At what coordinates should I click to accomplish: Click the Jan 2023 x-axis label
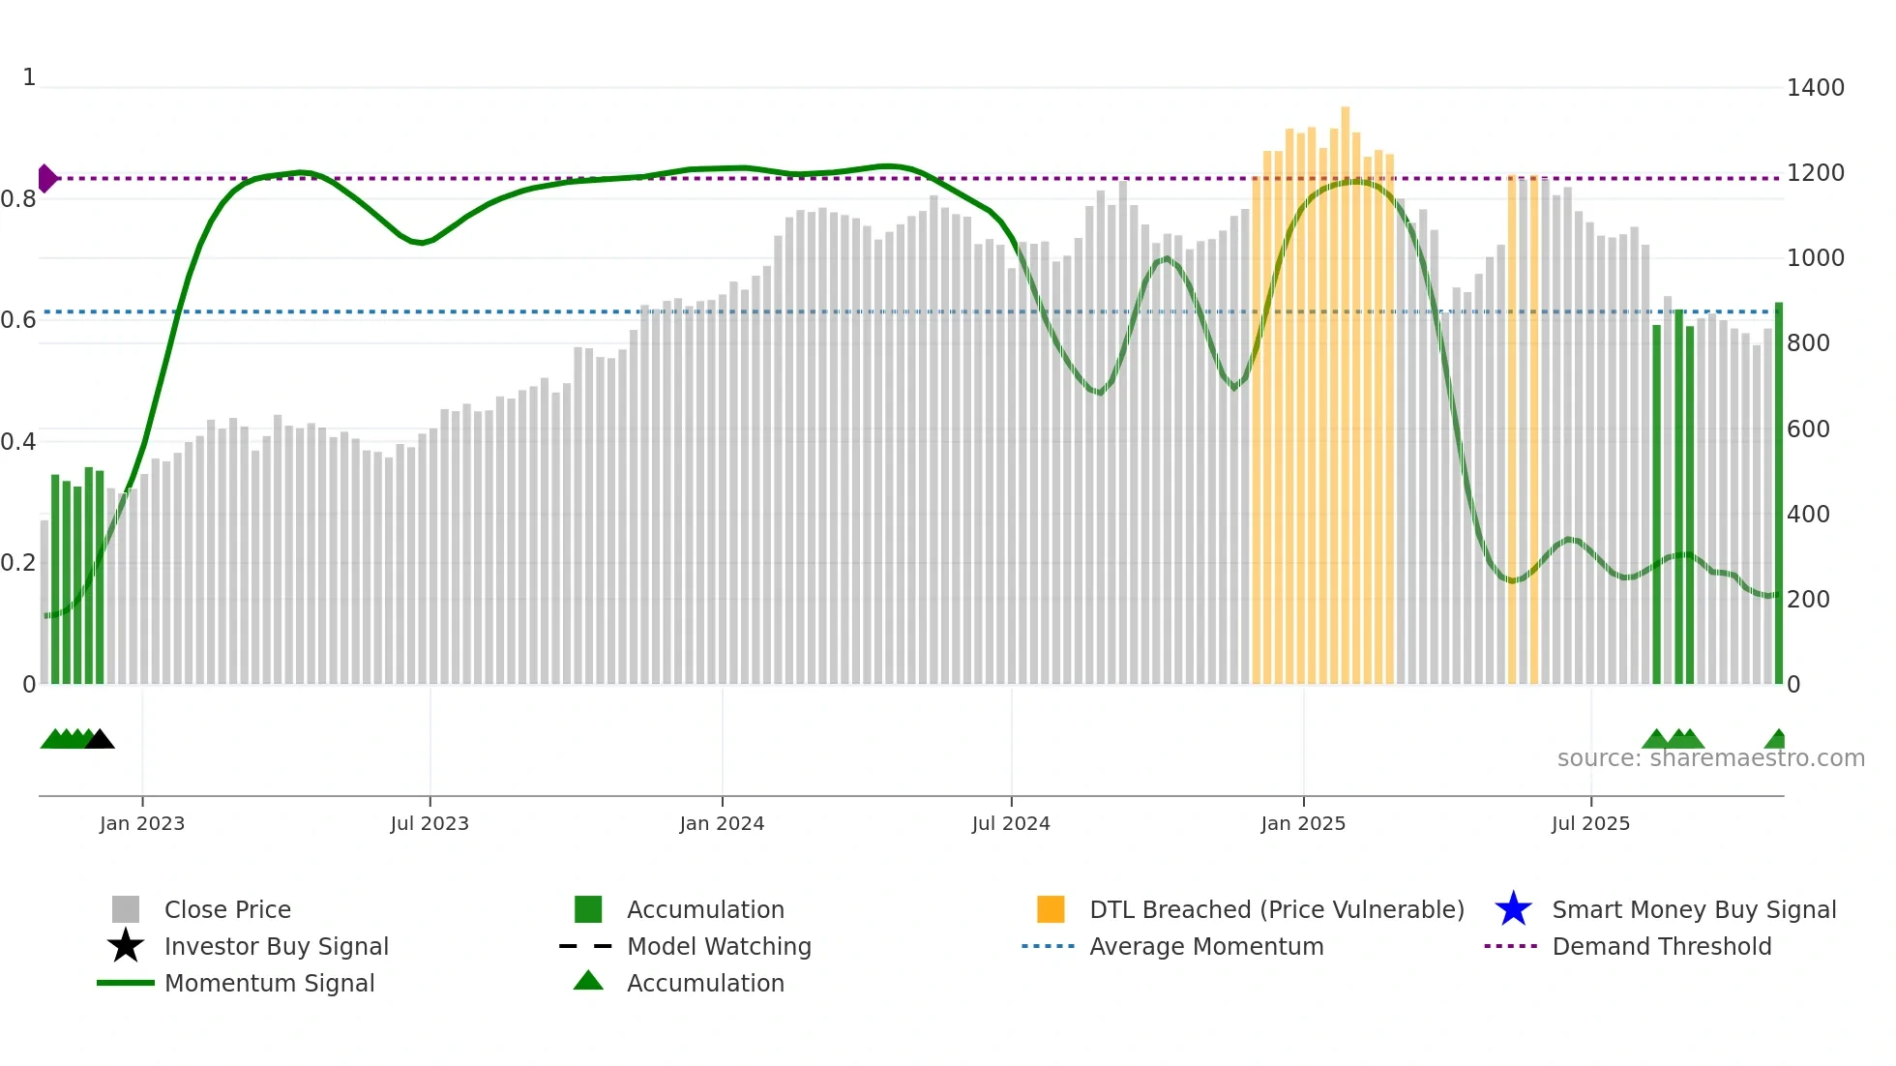[141, 823]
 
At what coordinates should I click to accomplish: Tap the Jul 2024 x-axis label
[1011, 823]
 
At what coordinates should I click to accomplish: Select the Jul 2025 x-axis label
[1590, 823]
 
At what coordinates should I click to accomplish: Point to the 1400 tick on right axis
[1815, 88]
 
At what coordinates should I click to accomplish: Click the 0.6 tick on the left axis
[18, 320]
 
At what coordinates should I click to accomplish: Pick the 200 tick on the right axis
[1808, 600]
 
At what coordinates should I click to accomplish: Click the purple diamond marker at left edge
[46, 179]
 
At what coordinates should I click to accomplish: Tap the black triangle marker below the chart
[100, 740]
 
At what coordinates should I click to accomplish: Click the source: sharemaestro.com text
[1710, 758]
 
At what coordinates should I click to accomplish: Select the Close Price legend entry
[227, 910]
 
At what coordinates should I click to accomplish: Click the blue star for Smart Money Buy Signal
[1513, 909]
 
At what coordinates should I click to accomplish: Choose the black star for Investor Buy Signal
[126, 946]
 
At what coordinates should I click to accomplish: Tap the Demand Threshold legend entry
[1661, 947]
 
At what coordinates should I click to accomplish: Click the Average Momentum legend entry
[1205, 947]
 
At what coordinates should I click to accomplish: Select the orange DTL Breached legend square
[1051, 909]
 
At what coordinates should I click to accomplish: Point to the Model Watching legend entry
[718, 947]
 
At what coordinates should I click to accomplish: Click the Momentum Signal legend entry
[269, 984]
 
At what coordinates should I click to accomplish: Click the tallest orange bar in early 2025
[1345, 387]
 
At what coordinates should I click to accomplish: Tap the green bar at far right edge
[1778, 493]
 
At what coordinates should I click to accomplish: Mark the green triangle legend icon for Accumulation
[588, 981]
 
